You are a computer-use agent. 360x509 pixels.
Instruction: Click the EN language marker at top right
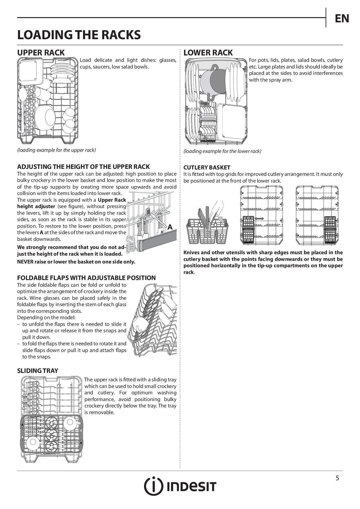[x=342, y=19]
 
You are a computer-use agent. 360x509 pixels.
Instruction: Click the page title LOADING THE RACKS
[x=79, y=35]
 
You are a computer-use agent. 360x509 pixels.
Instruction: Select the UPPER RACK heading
[x=41, y=53]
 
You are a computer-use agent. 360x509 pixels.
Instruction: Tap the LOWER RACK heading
[x=208, y=53]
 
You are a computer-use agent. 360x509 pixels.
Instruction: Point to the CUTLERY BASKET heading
[x=207, y=167]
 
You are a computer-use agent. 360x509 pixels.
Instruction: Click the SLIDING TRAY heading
[x=37, y=371]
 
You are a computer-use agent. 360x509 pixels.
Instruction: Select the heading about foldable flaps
[x=86, y=278]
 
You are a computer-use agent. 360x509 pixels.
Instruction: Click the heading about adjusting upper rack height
[x=83, y=167]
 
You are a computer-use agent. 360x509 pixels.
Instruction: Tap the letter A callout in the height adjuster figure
[x=170, y=227]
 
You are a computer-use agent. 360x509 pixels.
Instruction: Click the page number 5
[x=337, y=478]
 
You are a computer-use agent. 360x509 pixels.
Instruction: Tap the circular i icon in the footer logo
[x=153, y=486]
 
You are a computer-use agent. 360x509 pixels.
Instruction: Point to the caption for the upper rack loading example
[x=56, y=150]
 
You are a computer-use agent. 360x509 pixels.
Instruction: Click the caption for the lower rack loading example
[x=222, y=151]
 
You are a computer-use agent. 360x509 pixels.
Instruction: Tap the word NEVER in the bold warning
[x=25, y=262]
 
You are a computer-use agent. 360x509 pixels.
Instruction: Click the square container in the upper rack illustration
[x=29, y=71]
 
